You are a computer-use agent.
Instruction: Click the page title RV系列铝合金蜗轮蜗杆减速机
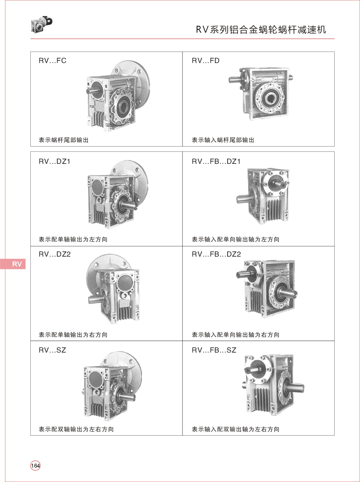point(261,29)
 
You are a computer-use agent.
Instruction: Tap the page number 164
point(35,465)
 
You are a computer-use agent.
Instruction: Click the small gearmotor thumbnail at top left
point(41,24)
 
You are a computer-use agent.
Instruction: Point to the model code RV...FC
point(52,61)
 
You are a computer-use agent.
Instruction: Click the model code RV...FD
point(205,61)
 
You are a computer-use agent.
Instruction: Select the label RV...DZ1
point(54,162)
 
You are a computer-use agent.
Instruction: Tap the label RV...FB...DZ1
point(216,162)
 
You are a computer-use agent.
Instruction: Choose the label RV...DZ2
point(54,254)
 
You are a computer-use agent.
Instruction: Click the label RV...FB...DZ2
point(216,254)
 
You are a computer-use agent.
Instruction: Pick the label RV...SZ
point(52,350)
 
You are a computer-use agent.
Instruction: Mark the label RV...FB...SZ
point(214,350)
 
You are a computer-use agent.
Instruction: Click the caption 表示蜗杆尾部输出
point(64,140)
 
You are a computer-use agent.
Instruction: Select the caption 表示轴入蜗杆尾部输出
point(223,140)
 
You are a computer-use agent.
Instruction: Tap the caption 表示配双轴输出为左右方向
point(76,429)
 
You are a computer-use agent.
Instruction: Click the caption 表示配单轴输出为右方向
point(73,335)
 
